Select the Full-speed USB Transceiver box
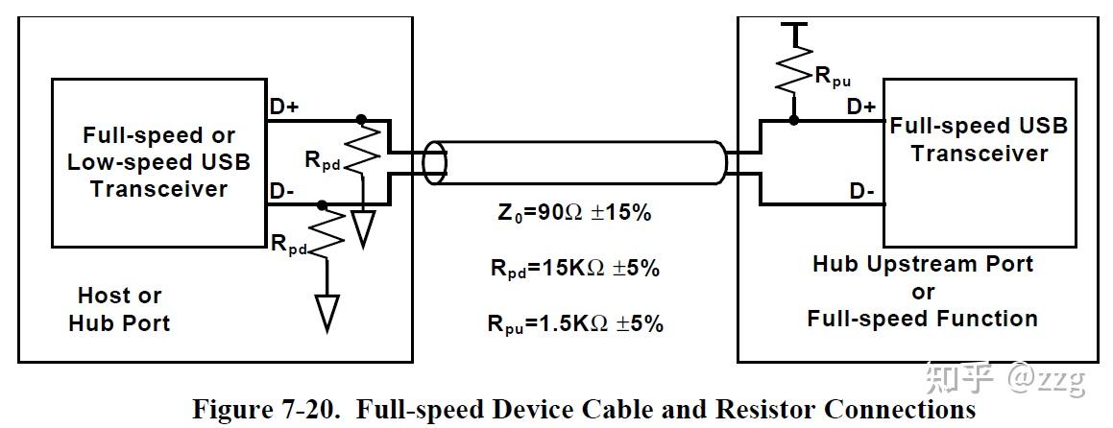pyautogui.click(x=978, y=163)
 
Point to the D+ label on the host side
pyautogui.click(x=283, y=107)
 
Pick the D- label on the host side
pyautogui.click(x=281, y=191)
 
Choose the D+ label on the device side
pyautogui.click(x=860, y=107)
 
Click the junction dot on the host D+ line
pyautogui.click(x=361, y=121)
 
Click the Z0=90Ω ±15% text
pyautogui.click(x=569, y=213)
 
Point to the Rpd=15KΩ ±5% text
pyautogui.click(x=573, y=269)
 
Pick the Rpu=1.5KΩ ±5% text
pyautogui.click(x=574, y=323)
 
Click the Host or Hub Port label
pyautogui.click(x=119, y=309)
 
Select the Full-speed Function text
pyautogui.click(x=922, y=319)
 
